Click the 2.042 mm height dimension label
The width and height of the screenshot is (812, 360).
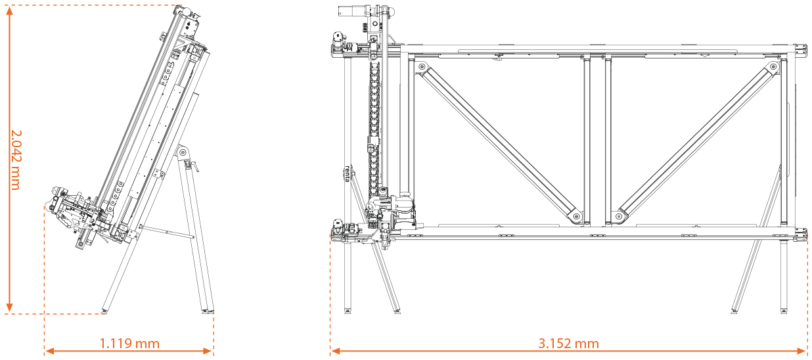click(16, 160)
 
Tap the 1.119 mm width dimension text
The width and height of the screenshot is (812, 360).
click(129, 344)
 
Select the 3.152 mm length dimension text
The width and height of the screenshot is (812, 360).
click(568, 344)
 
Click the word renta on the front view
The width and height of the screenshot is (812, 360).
click(348, 174)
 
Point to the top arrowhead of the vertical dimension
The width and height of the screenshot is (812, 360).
click(10, 10)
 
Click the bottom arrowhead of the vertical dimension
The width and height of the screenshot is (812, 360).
click(10, 307)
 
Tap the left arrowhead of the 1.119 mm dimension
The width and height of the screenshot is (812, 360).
click(49, 351)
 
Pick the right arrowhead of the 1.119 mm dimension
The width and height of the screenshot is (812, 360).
click(208, 351)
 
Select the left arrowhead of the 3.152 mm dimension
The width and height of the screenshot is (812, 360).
click(335, 351)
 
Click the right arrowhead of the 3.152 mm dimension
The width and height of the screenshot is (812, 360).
click(802, 351)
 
